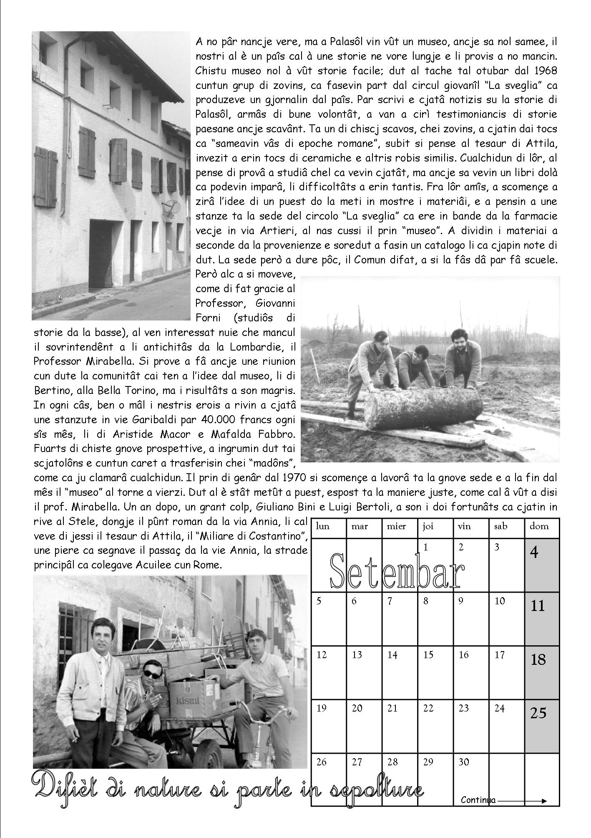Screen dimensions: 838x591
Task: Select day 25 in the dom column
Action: coord(542,724)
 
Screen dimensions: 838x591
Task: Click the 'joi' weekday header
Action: coord(428,526)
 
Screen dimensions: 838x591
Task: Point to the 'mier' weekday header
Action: coord(396,526)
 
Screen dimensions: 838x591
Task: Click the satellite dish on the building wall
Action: coord(170,207)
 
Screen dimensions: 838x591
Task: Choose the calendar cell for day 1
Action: coord(435,559)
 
